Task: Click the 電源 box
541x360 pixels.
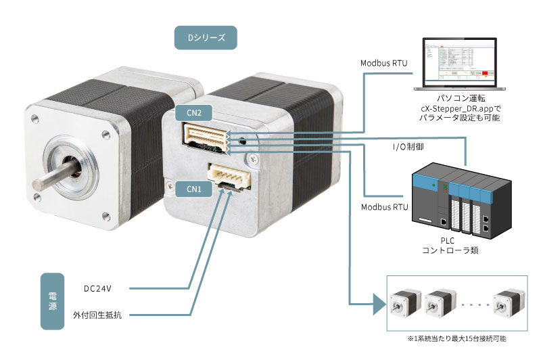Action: coord(53,302)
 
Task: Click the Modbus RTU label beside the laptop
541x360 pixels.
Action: coord(383,64)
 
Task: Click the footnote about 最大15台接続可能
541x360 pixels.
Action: coord(456,338)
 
